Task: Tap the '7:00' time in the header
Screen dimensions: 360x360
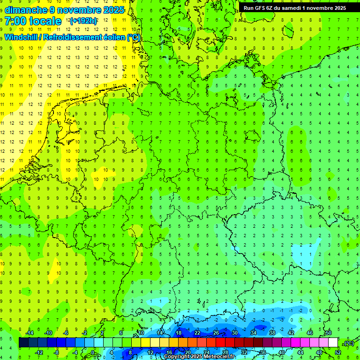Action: pyautogui.click(x=15, y=21)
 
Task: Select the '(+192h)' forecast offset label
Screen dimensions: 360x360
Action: pyautogui.click(x=83, y=21)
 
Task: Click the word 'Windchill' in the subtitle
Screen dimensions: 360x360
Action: pyautogui.click(x=21, y=37)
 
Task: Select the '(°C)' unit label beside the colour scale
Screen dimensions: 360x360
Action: pyautogui.click(x=348, y=343)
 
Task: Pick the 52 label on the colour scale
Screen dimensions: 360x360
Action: pyautogui.click(x=337, y=352)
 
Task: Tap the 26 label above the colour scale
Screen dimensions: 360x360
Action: pyautogui.click(x=216, y=333)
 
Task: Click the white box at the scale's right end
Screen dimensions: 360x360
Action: pyautogui.click(x=333, y=343)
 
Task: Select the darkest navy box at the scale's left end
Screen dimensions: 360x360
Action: pyautogui.click(x=23, y=343)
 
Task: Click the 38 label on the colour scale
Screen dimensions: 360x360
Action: pyautogui.click(x=272, y=333)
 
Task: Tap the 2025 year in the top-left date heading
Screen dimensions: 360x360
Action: pyautogui.click(x=113, y=10)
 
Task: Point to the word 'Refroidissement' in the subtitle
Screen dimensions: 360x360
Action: pyautogui.click(x=72, y=37)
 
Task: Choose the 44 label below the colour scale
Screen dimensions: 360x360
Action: pyautogui.click(x=300, y=352)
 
